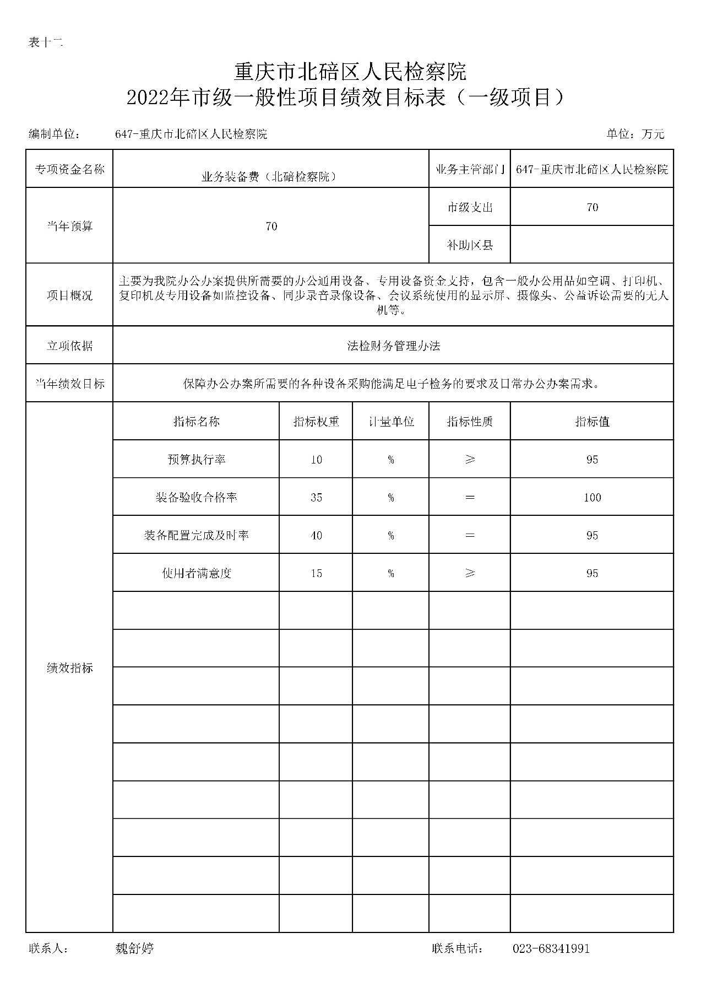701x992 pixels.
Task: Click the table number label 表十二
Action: click(46, 42)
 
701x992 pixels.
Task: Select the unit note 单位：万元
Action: click(635, 134)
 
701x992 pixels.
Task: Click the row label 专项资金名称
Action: click(69, 169)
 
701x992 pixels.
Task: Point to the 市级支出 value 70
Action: click(592, 207)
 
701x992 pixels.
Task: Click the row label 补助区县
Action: click(470, 245)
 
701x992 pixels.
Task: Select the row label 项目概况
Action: click(69, 295)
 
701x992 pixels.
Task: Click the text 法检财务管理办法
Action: click(393, 346)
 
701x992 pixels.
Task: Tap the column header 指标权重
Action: click(316, 422)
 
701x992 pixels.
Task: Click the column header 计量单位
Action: click(391, 422)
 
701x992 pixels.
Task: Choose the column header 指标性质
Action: click(470, 422)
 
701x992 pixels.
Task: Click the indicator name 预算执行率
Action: click(197, 460)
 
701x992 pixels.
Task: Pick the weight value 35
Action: click(316, 498)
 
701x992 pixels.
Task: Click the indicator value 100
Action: click(592, 498)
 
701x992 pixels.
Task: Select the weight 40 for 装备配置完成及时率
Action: click(316, 536)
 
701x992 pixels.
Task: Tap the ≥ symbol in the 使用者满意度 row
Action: click(470, 574)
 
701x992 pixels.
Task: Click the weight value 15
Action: click(316, 574)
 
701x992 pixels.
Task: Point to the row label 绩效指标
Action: click(69, 668)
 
